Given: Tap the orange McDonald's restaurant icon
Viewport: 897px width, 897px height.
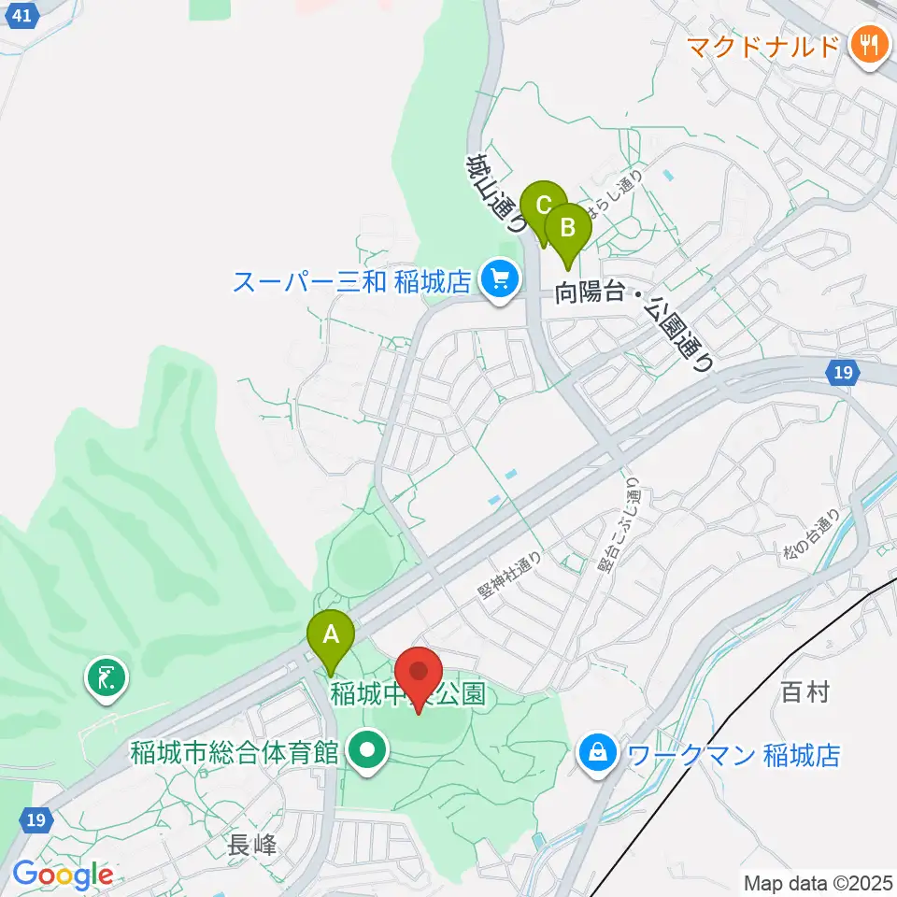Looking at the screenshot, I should click(x=868, y=46).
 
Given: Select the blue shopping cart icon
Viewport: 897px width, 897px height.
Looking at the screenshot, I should click(x=500, y=278).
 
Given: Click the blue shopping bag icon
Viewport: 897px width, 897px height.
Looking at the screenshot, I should click(x=596, y=752).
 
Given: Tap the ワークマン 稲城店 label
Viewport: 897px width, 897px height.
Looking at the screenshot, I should click(x=734, y=754).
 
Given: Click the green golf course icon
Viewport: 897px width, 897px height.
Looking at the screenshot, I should click(x=105, y=677).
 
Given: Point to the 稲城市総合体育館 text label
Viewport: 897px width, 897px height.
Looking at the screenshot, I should click(x=234, y=752).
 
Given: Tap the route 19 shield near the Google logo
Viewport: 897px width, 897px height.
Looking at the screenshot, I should click(x=35, y=819).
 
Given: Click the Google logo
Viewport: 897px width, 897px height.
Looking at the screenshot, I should click(x=63, y=875).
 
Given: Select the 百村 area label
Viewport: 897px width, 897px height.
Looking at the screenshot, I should click(x=804, y=692).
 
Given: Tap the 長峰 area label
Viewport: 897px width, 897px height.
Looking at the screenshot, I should click(x=252, y=847).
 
